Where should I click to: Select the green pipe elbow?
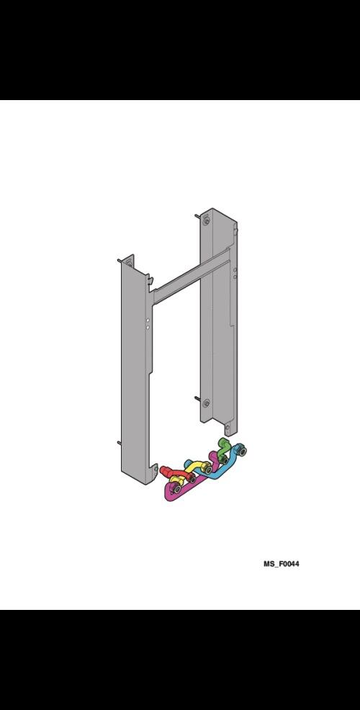click(222, 448)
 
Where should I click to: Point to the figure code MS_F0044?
click(282, 564)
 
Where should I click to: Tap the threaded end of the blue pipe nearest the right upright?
click(242, 451)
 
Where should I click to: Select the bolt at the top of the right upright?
click(207, 222)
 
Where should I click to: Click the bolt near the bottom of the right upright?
click(207, 403)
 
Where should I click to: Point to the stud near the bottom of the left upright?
click(119, 442)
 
